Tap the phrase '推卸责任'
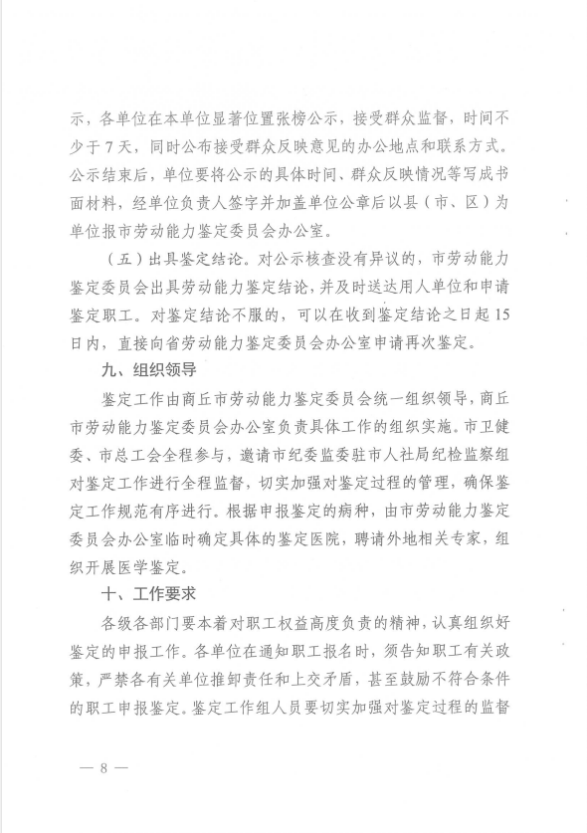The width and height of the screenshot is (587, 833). coord(255,681)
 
